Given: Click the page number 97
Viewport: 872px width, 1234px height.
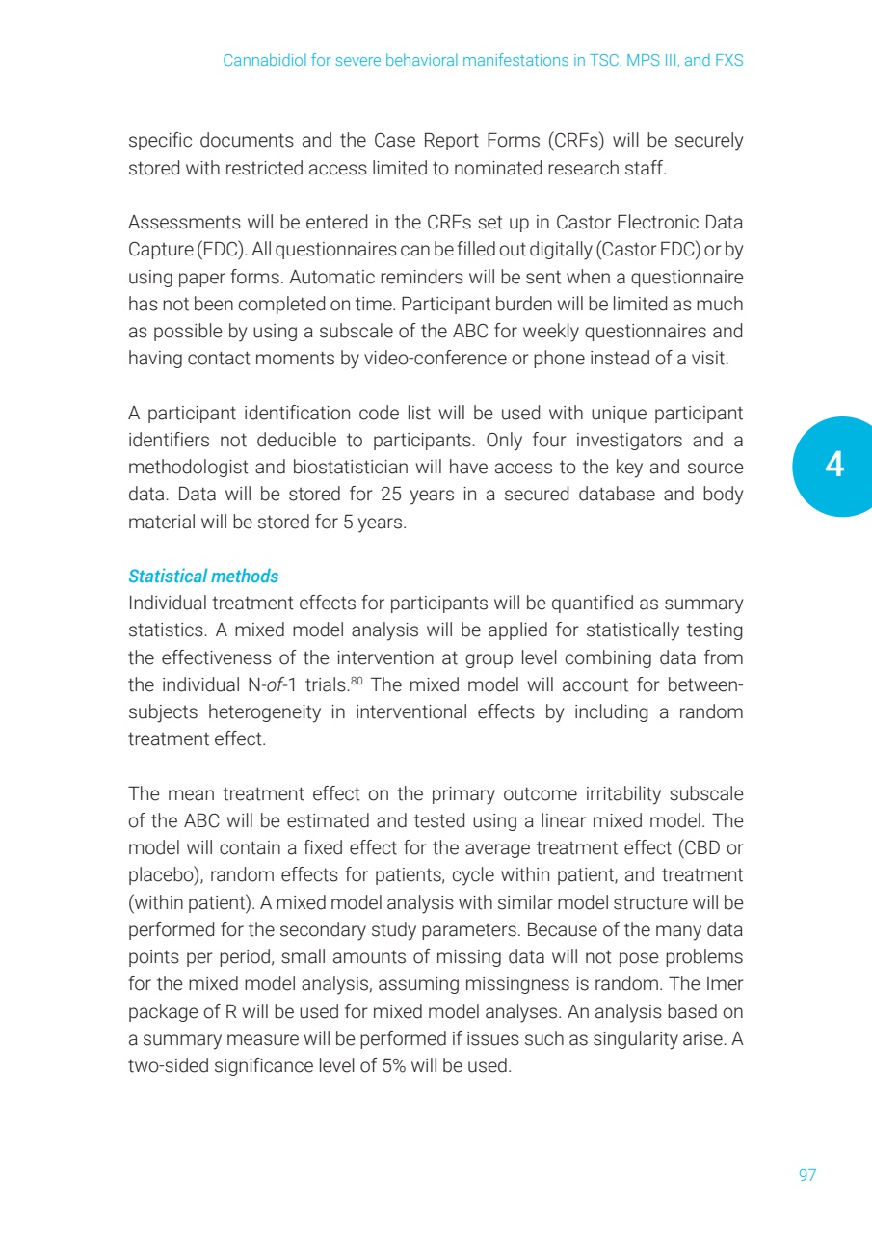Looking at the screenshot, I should click(x=807, y=1175).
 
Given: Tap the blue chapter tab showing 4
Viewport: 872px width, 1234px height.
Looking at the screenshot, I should click(x=833, y=467).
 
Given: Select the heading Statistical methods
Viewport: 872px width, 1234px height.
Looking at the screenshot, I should click(x=203, y=577).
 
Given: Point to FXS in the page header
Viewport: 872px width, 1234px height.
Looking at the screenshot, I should click(x=727, y=60).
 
